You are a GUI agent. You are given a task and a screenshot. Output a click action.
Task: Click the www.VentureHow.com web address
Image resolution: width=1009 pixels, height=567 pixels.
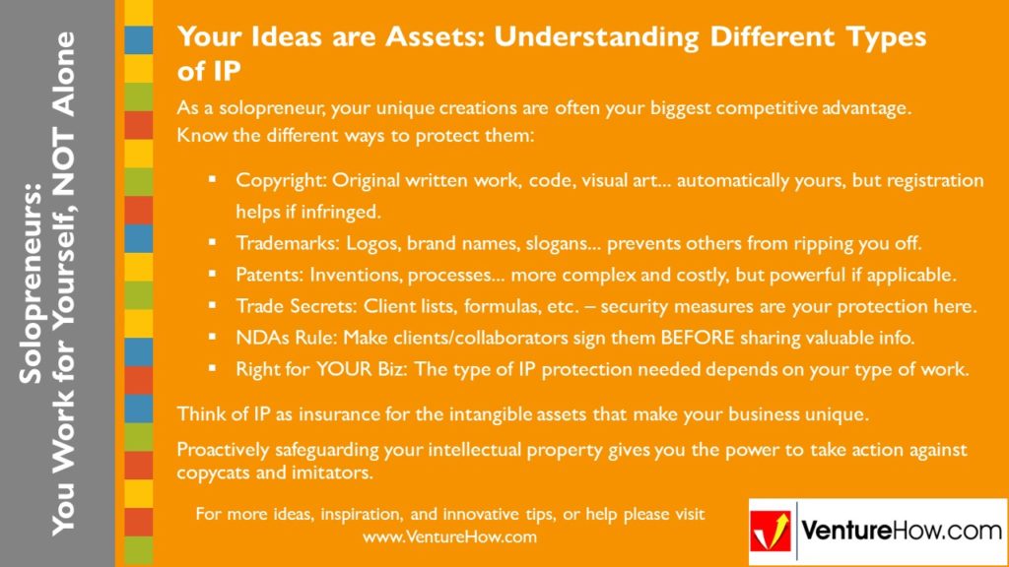click(x=449, y=537)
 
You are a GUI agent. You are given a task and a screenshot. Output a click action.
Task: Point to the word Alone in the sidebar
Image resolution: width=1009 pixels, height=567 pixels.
click(x=65, y=75)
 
